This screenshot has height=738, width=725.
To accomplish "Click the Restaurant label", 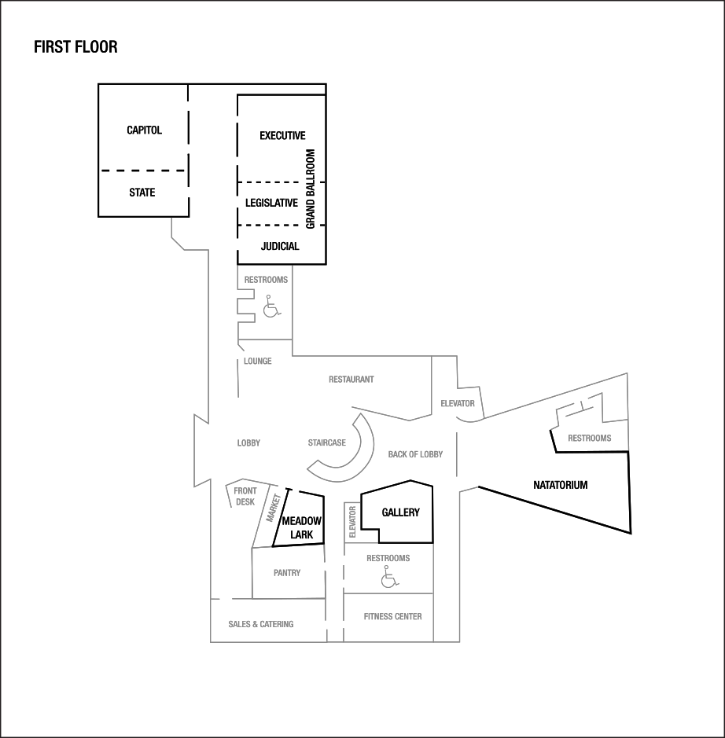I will point(351,380).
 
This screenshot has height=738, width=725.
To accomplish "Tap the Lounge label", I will point(257,362).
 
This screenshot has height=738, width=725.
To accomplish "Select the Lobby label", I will point(248,443).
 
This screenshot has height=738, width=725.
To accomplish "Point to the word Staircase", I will point(326,443).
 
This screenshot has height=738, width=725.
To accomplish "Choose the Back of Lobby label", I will point(415,454).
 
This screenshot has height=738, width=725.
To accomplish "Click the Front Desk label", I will point(245,497).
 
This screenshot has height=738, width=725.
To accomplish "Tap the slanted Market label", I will point(274,509).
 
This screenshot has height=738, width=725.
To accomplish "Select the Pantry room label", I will point(287,573).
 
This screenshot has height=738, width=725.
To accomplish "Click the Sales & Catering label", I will point(261,624).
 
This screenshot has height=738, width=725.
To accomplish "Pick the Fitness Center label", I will point(392,617).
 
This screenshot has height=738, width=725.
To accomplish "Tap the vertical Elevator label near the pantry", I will point(352,522).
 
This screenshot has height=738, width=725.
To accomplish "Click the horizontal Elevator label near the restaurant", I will point(458,404).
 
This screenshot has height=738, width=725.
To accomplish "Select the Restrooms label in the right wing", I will point(589,439).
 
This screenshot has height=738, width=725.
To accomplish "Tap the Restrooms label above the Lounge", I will point(266,280).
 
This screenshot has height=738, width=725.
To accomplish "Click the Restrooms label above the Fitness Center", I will point(388,558).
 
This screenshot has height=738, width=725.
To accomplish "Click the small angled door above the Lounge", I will point(242,346).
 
